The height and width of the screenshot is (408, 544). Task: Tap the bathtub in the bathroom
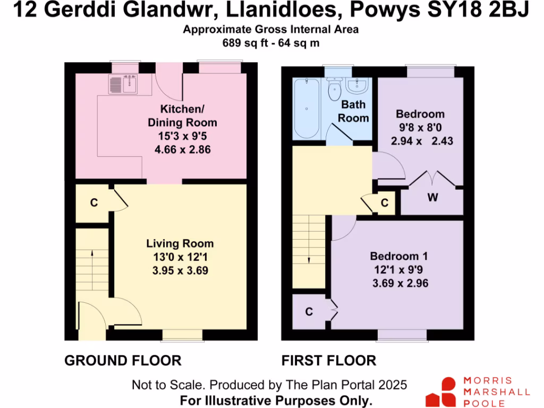pos(307,108)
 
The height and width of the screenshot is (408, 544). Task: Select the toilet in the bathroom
pos(334,89)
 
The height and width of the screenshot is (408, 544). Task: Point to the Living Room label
pos(180,244)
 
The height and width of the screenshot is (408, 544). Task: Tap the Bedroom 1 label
pos(400,256)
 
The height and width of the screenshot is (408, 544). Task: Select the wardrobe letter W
pos(433,198)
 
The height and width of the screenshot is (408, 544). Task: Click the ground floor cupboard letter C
pos(93,202)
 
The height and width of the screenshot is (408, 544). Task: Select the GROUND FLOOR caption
pos(123,361)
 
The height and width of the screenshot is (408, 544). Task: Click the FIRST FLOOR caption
pos(328,361)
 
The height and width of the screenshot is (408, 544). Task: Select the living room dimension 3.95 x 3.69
pos(181,270)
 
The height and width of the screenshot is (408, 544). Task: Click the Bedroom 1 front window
pos(402,335)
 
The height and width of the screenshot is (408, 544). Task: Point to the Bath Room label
pos(353,112)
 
